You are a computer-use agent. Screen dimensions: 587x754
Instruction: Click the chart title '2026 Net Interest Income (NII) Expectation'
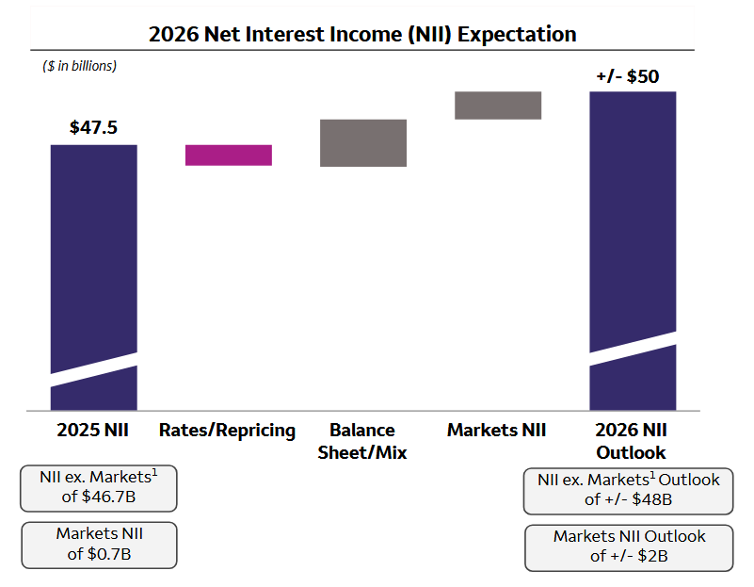click(x=362, y=34)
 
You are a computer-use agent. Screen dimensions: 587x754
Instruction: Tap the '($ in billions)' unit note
click(x=79, y=66)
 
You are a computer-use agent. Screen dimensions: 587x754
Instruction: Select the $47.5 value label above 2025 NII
click(x=93, y=127)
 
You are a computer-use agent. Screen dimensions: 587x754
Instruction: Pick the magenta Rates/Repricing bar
click(x=229, y=155)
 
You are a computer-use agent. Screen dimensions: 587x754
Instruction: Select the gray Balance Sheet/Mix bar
click(x=363, y=142)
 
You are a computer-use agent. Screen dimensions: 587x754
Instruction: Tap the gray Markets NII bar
click(x=498, y=106)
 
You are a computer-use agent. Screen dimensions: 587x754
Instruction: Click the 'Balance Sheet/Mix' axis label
click(x=362, y=441)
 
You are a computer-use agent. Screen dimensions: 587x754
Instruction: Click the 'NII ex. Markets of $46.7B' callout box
click(x=98, y=486)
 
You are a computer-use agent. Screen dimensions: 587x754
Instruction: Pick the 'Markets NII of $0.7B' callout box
click(x=99, y=544)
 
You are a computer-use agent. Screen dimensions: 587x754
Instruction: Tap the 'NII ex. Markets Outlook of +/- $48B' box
click(x=628, y=490)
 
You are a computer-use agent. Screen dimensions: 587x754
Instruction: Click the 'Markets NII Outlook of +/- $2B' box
click(x=628, y=546)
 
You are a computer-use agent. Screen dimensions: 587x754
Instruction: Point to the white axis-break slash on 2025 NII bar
click(x=94, y=369)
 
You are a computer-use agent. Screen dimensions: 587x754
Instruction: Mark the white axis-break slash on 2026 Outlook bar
click(x=633, y=343)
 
